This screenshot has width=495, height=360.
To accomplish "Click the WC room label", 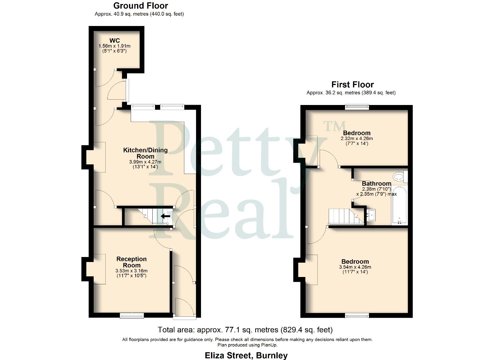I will (114, 41).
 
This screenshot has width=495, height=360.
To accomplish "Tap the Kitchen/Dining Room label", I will (145, 153).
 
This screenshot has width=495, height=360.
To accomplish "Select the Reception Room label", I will (131, 262).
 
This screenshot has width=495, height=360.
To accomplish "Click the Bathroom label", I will (376, 183).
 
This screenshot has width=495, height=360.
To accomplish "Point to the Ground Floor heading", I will (140, 6).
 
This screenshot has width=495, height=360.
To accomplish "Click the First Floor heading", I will (352, 84).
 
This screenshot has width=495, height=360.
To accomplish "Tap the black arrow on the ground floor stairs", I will (165, 216).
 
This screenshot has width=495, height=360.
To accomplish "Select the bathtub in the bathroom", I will (399, 205).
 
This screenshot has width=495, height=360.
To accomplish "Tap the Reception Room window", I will (132, 315).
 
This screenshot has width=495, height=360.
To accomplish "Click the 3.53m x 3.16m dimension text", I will (131, 271).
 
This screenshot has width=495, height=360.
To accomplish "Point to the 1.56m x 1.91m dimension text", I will (114, 46).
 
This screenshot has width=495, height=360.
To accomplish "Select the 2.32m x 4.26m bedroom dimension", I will (356, 138).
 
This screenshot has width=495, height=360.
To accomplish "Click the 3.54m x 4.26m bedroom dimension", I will (355, 267).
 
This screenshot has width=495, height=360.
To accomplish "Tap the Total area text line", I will (245, 330).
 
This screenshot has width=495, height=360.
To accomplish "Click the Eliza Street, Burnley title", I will (246, 355).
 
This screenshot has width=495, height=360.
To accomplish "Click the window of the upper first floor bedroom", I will (357, 107).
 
